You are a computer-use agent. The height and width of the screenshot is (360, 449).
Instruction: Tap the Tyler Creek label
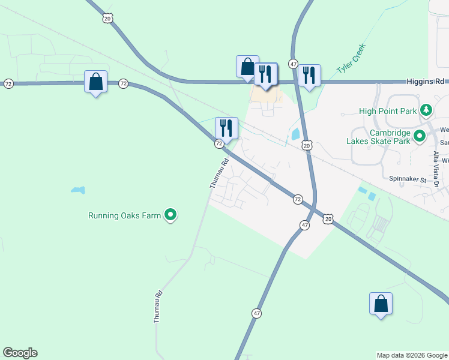click(351, 58)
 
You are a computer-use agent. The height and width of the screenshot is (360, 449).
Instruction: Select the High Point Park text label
click(388, 110)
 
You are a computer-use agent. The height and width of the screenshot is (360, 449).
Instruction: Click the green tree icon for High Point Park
click(426, 110)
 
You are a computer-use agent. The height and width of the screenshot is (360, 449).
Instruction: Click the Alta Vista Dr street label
click(437, 170)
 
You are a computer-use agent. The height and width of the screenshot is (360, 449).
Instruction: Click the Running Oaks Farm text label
click(125, 215)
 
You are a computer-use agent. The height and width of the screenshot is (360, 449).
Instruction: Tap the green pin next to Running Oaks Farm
click(171, 215)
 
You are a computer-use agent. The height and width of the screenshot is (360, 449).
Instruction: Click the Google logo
click(20, 353)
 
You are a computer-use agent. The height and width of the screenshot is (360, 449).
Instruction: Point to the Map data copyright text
click(412, 355)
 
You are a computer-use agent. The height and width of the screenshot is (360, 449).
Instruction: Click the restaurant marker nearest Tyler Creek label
click(309, 76)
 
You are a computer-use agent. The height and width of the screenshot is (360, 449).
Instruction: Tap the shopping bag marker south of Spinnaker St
click(381, 304)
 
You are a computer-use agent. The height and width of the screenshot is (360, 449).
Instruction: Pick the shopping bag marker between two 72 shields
click(95, 82)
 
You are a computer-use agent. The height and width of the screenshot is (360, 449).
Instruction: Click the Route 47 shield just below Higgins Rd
click(293, 64)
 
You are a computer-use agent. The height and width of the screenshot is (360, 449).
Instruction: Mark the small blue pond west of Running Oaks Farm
click(77, 191)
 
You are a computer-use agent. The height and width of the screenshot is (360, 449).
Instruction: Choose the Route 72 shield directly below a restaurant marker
click(219, 144)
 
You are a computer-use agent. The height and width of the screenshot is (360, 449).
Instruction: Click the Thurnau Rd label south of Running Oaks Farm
click(158, 307)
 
